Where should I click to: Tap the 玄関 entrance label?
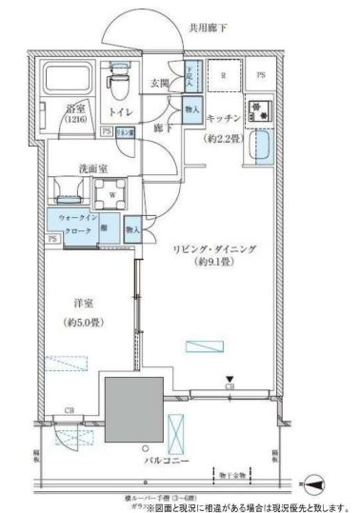click(x=158, y=85)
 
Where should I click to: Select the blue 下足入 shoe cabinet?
click(x=190, y=77)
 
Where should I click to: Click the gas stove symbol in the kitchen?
click(x=258, y=111)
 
